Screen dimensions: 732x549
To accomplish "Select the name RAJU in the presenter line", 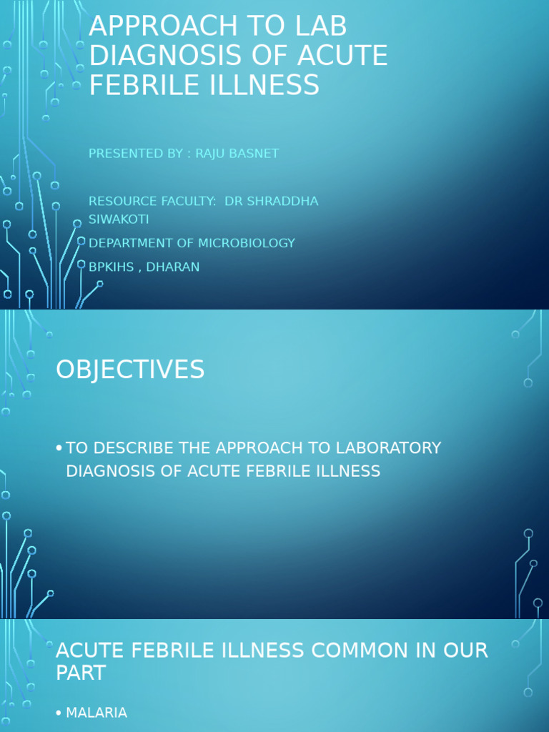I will click(x=215, y=154).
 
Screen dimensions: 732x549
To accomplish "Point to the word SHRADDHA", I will click(x=282, y=202).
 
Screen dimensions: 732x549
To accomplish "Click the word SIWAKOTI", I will click(x=119, y=219).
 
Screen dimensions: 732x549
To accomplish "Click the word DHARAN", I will click(x=173, y=267).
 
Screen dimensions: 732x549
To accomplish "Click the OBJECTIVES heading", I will click(x=130, y=370).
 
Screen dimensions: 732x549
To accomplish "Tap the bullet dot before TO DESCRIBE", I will click(x=59, y=449).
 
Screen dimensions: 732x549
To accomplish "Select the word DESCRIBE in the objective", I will click(x=130, y=448).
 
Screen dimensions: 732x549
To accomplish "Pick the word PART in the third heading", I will click(x=81, y=673).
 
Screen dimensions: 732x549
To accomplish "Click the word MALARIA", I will click(x=97, y=713).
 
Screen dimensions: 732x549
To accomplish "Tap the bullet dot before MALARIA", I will click(x=59, y=713).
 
